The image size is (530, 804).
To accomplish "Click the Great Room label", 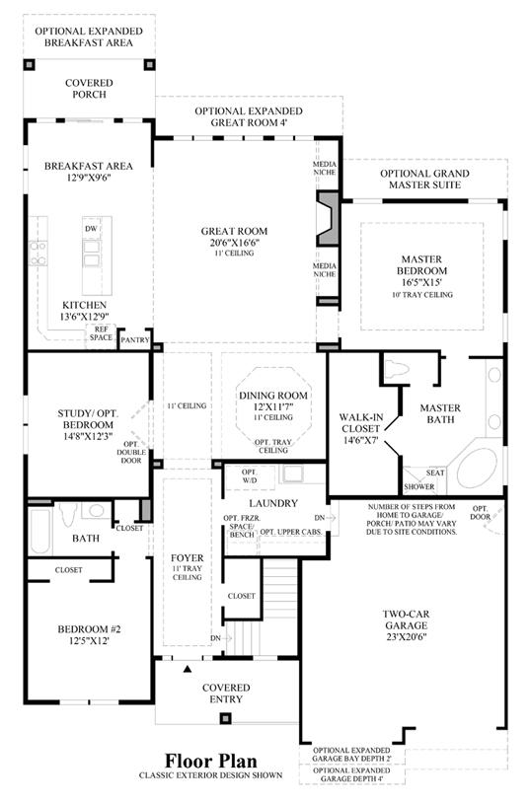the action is point(234,231).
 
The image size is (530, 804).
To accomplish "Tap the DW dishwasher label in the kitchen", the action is point(92,229).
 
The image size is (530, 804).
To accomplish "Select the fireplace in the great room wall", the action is point(328,218).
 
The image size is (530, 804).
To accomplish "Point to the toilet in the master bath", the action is point(397,369).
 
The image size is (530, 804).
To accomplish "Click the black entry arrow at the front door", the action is point(188,669).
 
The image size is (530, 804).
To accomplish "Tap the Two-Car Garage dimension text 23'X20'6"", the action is point(407,637).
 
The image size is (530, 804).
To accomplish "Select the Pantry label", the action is point(135,340).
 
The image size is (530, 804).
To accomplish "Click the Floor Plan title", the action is point(211,761).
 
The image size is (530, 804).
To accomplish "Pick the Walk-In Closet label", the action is point(360,423).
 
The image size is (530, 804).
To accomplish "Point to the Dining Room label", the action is point(273,396).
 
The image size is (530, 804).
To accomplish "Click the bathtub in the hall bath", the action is point(40,531).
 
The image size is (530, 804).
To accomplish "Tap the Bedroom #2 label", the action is point(89,629).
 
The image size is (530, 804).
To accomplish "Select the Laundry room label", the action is point(273,503).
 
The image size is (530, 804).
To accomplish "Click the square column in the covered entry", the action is point(225,718).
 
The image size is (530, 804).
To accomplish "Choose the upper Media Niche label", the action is point(325,168).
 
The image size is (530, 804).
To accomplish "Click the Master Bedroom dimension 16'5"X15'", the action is point(421,282).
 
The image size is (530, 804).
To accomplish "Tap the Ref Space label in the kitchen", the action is point(101,333).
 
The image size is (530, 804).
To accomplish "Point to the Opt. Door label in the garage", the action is point(481,513).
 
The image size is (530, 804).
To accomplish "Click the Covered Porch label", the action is point(89,88).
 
